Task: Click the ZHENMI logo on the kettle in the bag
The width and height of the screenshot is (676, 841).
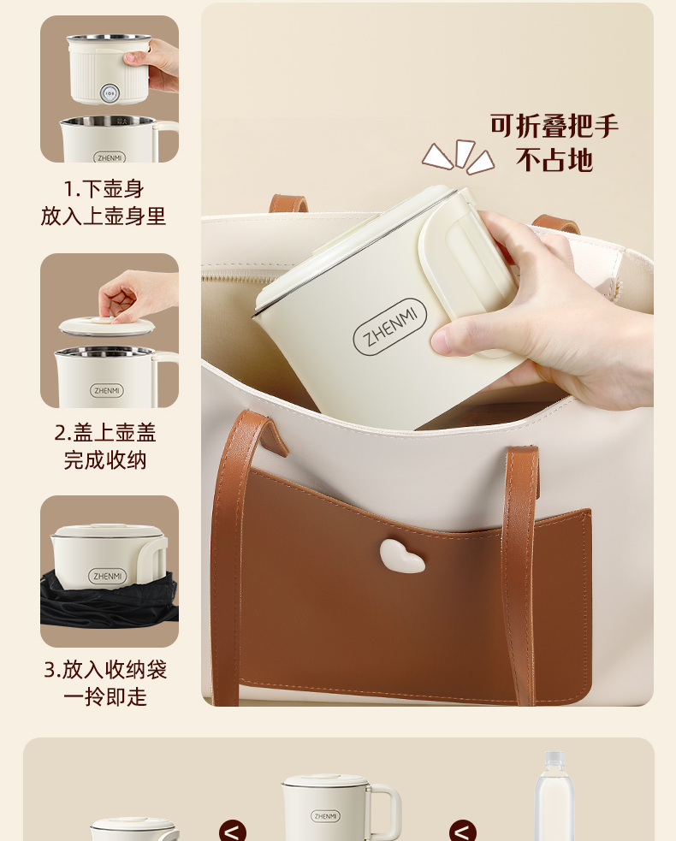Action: click(x=389, y=327)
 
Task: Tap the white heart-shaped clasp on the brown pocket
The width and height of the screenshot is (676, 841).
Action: click(x=402, y=556)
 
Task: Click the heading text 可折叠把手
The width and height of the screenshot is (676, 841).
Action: click(x=554, y=126)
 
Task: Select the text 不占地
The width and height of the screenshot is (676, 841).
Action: click(x=554, y=159)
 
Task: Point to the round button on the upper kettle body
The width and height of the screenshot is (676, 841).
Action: click(x=109, y=93)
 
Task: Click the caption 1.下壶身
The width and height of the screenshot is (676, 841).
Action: click(x=104, y=189)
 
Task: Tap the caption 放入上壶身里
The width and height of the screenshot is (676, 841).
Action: click(x=104, y=216)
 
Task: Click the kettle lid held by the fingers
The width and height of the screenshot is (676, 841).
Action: click(x=107, y=326)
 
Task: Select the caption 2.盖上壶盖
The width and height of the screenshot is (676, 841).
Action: click(x=105, y=432)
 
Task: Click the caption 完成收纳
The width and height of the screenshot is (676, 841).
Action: click(x=105, y=459)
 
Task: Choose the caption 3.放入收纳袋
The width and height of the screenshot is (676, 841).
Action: click(x=105, y=669)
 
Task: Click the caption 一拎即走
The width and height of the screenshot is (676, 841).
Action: click(x=105, y=696)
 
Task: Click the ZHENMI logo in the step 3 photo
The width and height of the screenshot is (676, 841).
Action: click(x=107, y=576)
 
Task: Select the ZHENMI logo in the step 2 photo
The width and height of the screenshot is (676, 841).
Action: click(x=107, y=390)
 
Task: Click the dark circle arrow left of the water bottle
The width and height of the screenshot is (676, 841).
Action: click(x=462, y=831)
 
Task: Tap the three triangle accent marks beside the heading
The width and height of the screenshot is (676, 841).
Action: click(x=458, y=157)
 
